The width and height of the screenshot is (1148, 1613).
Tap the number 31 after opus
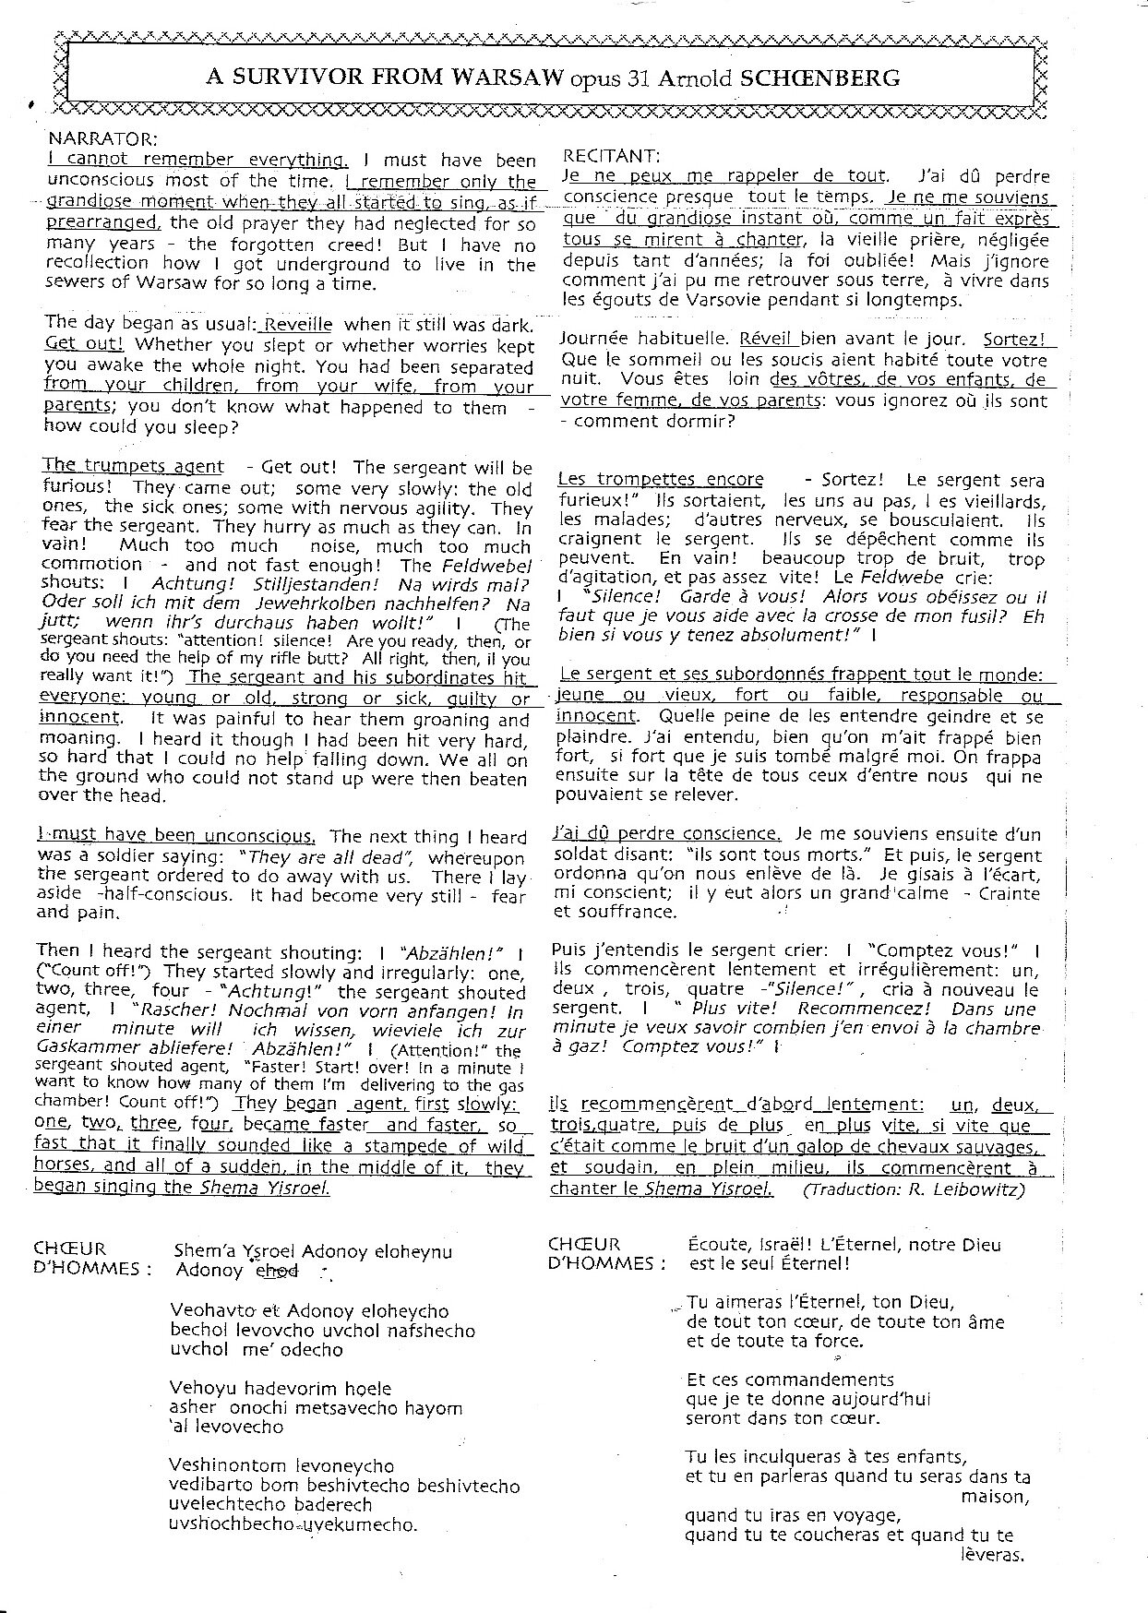[x=636, y=78]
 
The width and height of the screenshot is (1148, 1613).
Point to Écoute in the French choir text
[x=717, y=1245]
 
